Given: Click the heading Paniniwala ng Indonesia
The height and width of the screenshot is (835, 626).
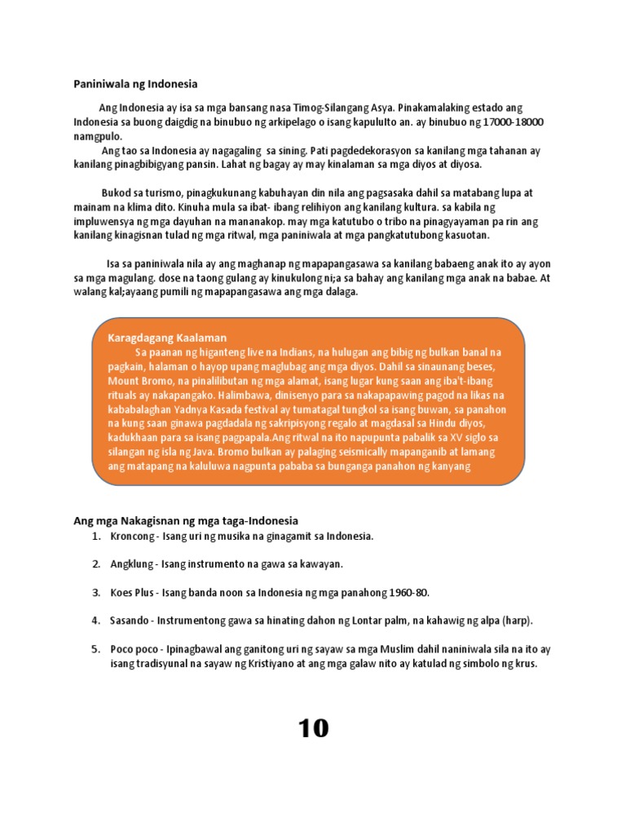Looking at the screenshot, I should point(136,84).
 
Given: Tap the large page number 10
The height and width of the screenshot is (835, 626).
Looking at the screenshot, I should point(313,728).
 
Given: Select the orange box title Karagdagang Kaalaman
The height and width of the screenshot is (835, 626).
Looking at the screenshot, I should point(166,338).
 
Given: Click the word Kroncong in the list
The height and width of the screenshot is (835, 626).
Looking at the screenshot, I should point(133,537).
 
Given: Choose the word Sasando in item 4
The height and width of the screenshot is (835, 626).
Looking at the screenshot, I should point(130,621).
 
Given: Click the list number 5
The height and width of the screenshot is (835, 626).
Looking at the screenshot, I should point(95,649).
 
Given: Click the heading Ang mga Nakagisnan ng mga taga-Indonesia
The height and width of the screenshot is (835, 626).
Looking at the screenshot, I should point(187,520).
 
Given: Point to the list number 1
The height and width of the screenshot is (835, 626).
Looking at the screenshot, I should point(95,537).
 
